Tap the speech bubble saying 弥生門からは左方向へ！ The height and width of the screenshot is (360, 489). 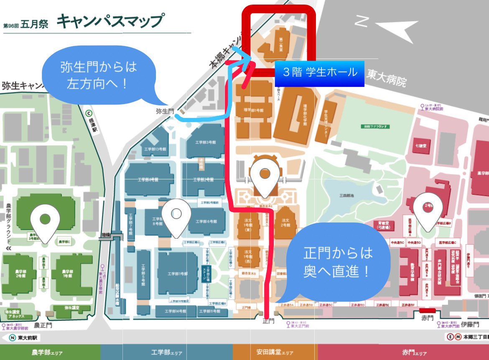(x=99, y=75)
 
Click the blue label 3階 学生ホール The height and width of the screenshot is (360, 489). (x=320, y=72)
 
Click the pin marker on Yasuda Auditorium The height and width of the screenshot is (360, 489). (x=264, y=178)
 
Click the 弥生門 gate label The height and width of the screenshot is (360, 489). (x=164, y=111)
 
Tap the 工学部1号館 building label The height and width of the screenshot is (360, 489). (x=178, y=274)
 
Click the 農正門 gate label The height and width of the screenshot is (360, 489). (x=43, y=324)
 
